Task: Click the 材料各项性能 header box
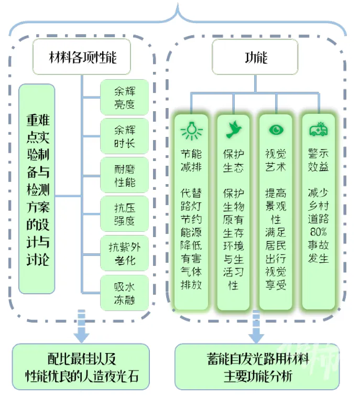tap(82, 57)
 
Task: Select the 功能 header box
tap(255, 57)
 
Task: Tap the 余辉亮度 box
tap(124, 97)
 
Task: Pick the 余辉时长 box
tap(124, 136)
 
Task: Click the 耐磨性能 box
tap(124, 175)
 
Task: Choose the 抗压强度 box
tap(124, 214)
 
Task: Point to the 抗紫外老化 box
tap(124, 253)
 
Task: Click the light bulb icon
tap(191, 130)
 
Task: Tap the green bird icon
tap(233, 130)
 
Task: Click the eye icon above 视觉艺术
tap(275, 130)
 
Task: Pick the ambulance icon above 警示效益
tap(318, 130)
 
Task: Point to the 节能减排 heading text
tap(191, 160)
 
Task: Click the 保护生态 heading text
tap(233, 160)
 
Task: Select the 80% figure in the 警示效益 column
tap(318, 231)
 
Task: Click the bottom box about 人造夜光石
tap(81, 367)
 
